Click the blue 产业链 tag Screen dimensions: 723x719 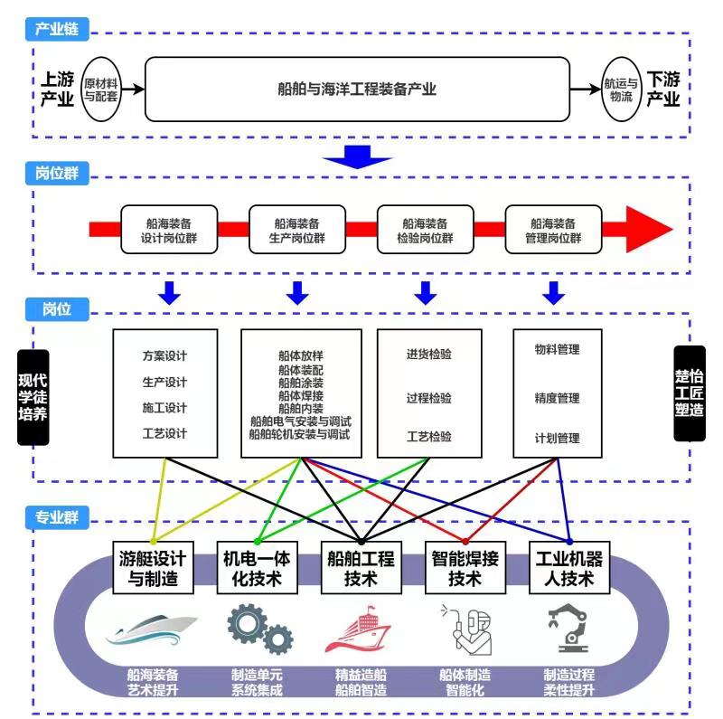click(x=57, y=29)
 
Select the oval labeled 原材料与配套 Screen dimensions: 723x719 click(x=101, y=90)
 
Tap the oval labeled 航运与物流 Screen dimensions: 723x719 click(x=621, y=90)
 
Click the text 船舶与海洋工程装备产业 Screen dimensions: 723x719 click(x=357, y=89)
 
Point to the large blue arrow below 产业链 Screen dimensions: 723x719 click(x=357, y=156)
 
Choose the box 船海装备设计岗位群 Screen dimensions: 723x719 click(x=169, y=230)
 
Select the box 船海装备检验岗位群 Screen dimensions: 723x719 click(x=425, y=230)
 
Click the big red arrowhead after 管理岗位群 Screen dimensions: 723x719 click(x=649, y=230)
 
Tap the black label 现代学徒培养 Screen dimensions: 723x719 click(x=33, y=397)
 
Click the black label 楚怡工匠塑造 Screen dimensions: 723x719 click(x=690, y=393)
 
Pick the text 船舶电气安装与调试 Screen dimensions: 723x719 click(x=301, y=421)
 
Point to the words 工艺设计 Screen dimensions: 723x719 click(x=164, y=434)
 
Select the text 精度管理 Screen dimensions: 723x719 click(x=557, y=398)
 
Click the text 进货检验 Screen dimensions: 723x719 click(x=428, y=354)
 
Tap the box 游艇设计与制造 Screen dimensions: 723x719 click(x=153, y=568)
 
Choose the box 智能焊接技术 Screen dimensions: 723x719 click(x=465, y=568)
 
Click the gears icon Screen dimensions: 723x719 click(x=260, y=628)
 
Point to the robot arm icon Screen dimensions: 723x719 click(x=568, y=628)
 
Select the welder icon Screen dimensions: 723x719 click(x=466, y=629)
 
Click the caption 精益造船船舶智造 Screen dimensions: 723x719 click(x=361, y=683)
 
